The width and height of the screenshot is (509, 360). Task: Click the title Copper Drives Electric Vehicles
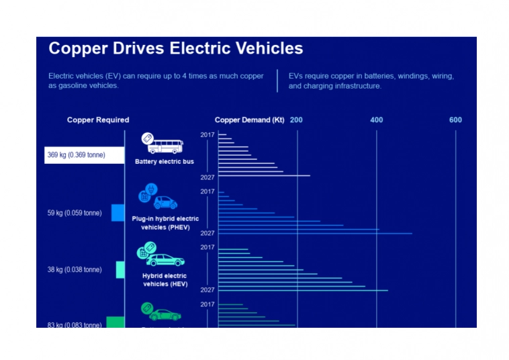pyautogui.click(x=175, y=49)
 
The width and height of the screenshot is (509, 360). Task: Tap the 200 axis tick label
pyautogui.click(x=296, y=120)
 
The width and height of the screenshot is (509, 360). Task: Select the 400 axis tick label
pyautogui.click(x=377, y=120)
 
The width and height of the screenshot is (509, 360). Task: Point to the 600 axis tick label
pyautogui.click(x=455, y=120)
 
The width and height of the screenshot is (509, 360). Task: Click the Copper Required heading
pyautogui.click(x=98, y=120)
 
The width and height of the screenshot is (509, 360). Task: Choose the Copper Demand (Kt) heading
pyautogui.click(x=249, y=120)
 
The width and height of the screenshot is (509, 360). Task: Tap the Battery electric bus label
pyautogui.click(x=164, y=162)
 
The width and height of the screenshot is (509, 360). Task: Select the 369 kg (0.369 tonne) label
pyautogui.click(x=76, y=155)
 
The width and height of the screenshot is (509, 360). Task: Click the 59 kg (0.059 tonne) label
pyautogui.click(x=74, y=213)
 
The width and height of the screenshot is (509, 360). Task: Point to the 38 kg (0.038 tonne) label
pyautogui.click(x=74, y=269)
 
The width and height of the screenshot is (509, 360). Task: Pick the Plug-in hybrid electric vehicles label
pyautogui.click(x=165, y=223)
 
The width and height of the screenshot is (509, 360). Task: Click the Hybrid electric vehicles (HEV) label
pyautogui.click(x=165, y=279)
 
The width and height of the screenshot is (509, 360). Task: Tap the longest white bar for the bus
pyautogui.click(x=264, y=176)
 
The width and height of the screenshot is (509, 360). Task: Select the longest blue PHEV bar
pyautogui.click(x=315, y=234)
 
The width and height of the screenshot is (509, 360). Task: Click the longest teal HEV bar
pyautogui.click(x=303, y=290)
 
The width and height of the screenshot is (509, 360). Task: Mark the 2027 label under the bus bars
pyautogui.click(x=207, y=177)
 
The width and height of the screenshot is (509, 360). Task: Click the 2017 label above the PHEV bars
pyautogui.click(x=207, y=191)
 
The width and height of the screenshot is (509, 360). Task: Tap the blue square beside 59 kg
pyautogui.click(x=118, y=213)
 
